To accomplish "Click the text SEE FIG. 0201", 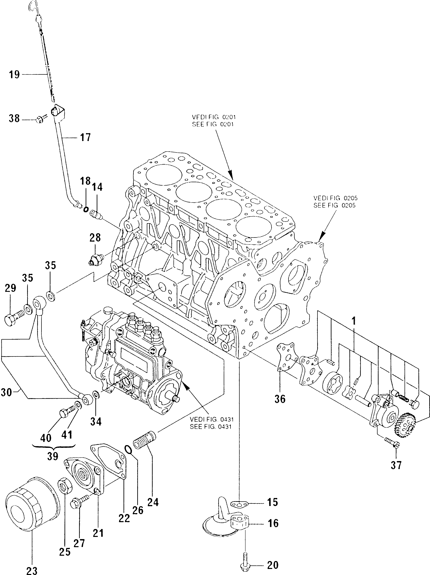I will pos(213,124).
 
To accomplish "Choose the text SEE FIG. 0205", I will pos(334,205).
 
